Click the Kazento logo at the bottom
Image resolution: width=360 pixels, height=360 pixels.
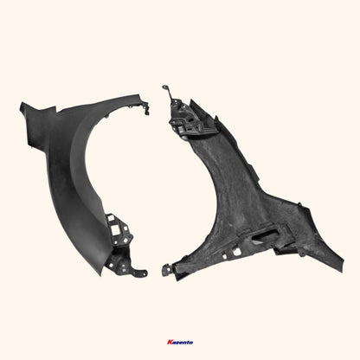[x=179, y=343]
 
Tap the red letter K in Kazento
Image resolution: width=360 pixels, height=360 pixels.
[x=169, y=343]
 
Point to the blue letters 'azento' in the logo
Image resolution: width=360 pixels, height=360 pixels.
[x=182, y=343]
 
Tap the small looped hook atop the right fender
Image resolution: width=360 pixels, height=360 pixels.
[x=164, y=89]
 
